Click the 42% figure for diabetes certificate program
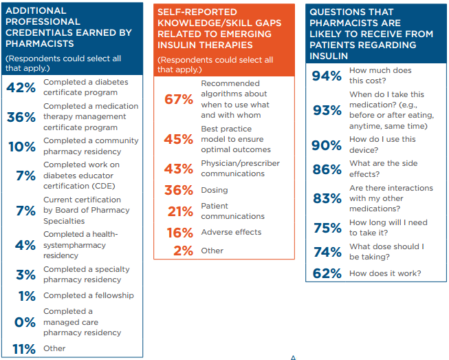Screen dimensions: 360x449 tap(21, 87)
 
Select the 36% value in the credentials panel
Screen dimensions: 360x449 tap(21, 117)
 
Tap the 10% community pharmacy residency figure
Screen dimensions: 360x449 tap(21, 146)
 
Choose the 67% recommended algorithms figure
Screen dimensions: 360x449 tap(179, 99)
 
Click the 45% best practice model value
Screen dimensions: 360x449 tap(179, 139)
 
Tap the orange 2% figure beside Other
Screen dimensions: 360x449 tap(184, 251)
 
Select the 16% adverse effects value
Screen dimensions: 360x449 tap(179, 233)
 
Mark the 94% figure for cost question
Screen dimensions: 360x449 tap(327, 76)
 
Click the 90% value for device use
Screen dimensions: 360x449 tap(327, 145)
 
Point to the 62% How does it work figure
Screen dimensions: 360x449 tap(327, 274)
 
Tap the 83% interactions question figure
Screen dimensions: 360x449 tap(327, 198)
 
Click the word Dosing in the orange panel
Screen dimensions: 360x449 tap(214, 190)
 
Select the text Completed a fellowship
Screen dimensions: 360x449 tap(89, 296)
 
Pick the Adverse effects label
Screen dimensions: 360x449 tap(231, 233)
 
